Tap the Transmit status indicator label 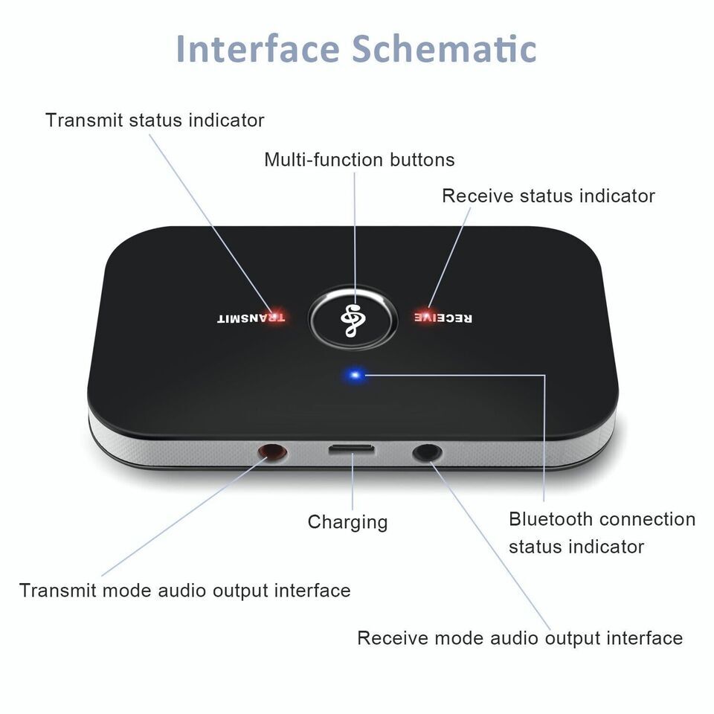click(x=155, y=120)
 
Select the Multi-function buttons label click(x=359, y=160)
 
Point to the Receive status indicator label click(x=548, y=196)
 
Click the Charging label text click(x=347, y=522)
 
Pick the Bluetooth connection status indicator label click(x=602, y=533)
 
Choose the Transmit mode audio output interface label click(x=184, y=591)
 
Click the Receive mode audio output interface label click(x=519, y=638)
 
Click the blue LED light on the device click(x=356, y=375)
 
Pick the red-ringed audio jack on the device click(x=270, y=451)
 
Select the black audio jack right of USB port click(x=426, y=451)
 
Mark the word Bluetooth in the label click(x=550, y=519)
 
